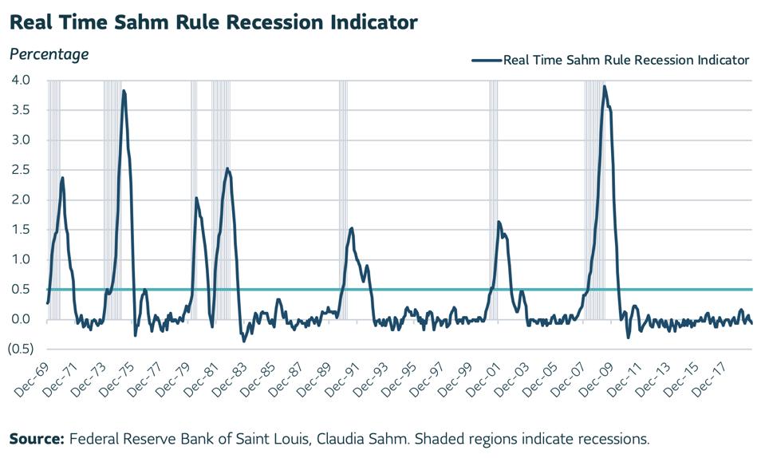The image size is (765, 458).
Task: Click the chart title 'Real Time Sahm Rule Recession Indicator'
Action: pyautogui.click(x=213, y=22)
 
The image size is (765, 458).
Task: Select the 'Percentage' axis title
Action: pyautogui.click(x=49, y=54)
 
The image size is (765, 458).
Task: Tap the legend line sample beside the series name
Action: pyautogui.click(x=486, y=60)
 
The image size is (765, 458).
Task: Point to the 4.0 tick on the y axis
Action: pyautogui.click(x=20, y=81)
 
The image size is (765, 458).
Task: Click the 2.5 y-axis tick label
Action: pyautogui.click(x=20, y=170)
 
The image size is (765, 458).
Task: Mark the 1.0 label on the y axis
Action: pyautogui.click(x=20, y=259)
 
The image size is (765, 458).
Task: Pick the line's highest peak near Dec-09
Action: pyautogui.click(x=604, y=86)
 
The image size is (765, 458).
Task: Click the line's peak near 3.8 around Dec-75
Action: pyautogui.click(x=124, y=91)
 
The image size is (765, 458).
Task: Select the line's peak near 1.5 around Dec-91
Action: pyautogui.click(x=351, y=228)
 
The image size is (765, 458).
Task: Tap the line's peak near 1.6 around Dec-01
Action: pyautogui.click(x=499, y=222)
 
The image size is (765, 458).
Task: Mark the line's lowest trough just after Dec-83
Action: pyautogui.click(x=244, y=341)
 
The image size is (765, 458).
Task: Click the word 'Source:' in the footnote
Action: pyautogui.click(x=37, y=439)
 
